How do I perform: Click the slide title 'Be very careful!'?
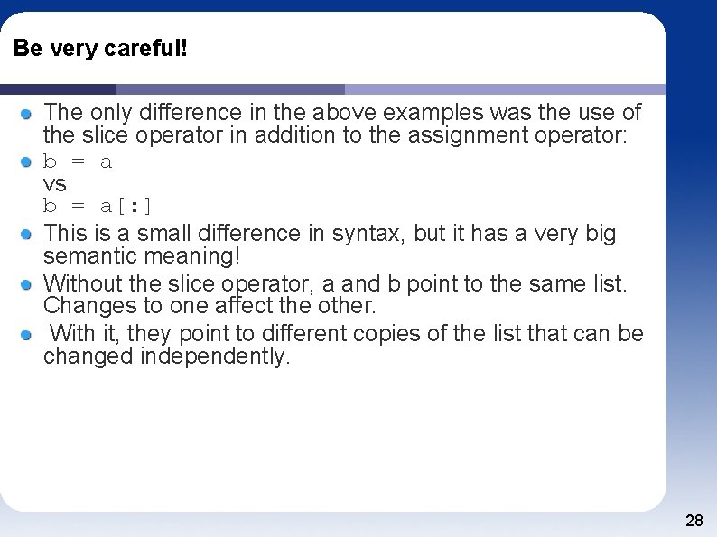100,49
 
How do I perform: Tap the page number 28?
694,521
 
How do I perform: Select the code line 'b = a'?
78,162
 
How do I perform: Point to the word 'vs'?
55,184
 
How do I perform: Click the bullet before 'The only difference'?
28,114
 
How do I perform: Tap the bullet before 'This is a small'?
28,234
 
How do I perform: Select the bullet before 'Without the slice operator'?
28,284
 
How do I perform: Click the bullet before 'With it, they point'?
28,335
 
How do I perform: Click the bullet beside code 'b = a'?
28,162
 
